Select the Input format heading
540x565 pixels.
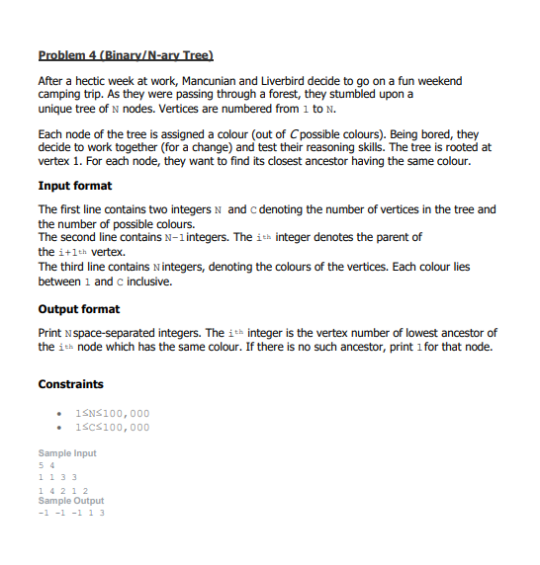tap(75, 186)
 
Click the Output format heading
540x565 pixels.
tap(79, 309)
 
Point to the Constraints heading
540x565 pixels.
tap(70, 383)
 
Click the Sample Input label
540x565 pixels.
tap(67, 453)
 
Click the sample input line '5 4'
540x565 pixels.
tap(45, 465)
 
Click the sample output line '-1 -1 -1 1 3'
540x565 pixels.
tap(71, 513)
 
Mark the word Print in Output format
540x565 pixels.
tap(51, 333)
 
